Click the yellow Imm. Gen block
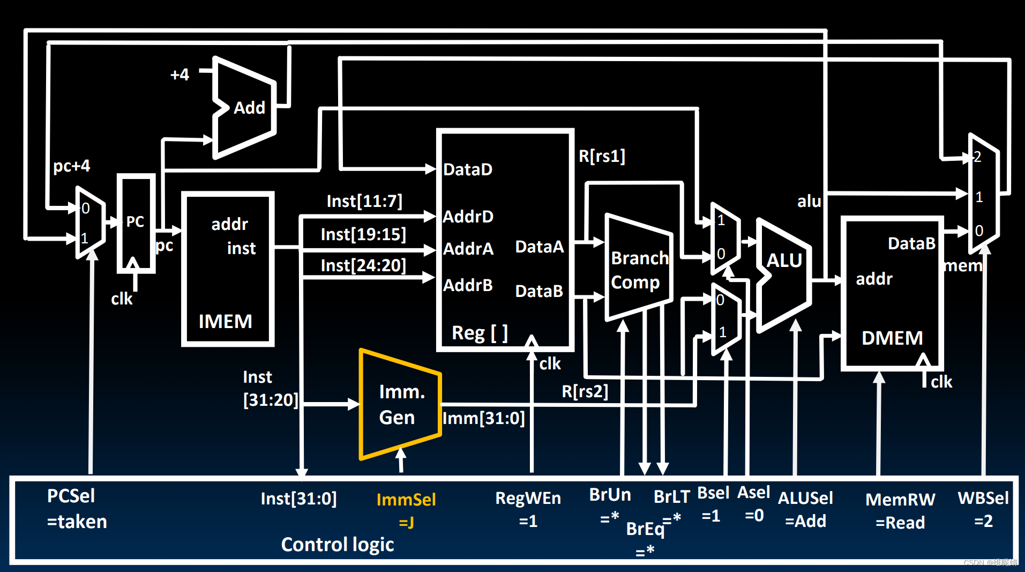click(x=400, y=405)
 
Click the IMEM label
click(x=225, y=322)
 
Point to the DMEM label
click(x=892, y=338)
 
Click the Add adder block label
click(x=249, y=108)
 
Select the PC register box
click(x=136, y=222)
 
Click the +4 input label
click(x=179, y=75)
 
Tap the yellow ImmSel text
click(x=406, y=500)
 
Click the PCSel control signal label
click(x=71, y=496)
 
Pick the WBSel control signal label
click(x=983, y=499)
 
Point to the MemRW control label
click(x=900, y=500)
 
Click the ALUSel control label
click(x=805, y=499)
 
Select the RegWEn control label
click(x=528, y=499)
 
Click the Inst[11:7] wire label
click(x=364, y=202)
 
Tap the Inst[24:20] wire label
click(x=363, y=265)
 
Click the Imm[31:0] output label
click(x=484, y=418)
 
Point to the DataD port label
click(x=467, y=170)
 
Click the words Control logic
click(x=338, y=545)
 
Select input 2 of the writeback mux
click(x=978, y=157)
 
